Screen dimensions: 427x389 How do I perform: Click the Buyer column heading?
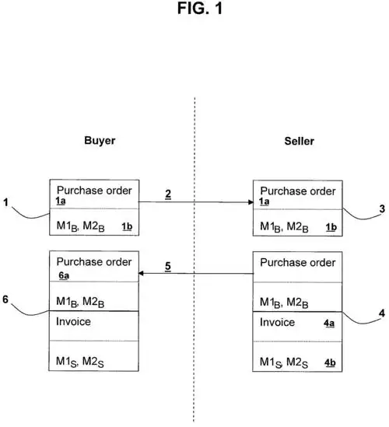click(100, 142)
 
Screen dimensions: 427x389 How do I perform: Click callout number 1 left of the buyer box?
click(6, 203)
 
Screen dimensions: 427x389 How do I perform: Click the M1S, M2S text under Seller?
click(283, 362)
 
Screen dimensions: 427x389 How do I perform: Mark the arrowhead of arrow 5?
click(142, 275)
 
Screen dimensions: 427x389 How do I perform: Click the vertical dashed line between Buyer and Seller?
click(194, 233)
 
